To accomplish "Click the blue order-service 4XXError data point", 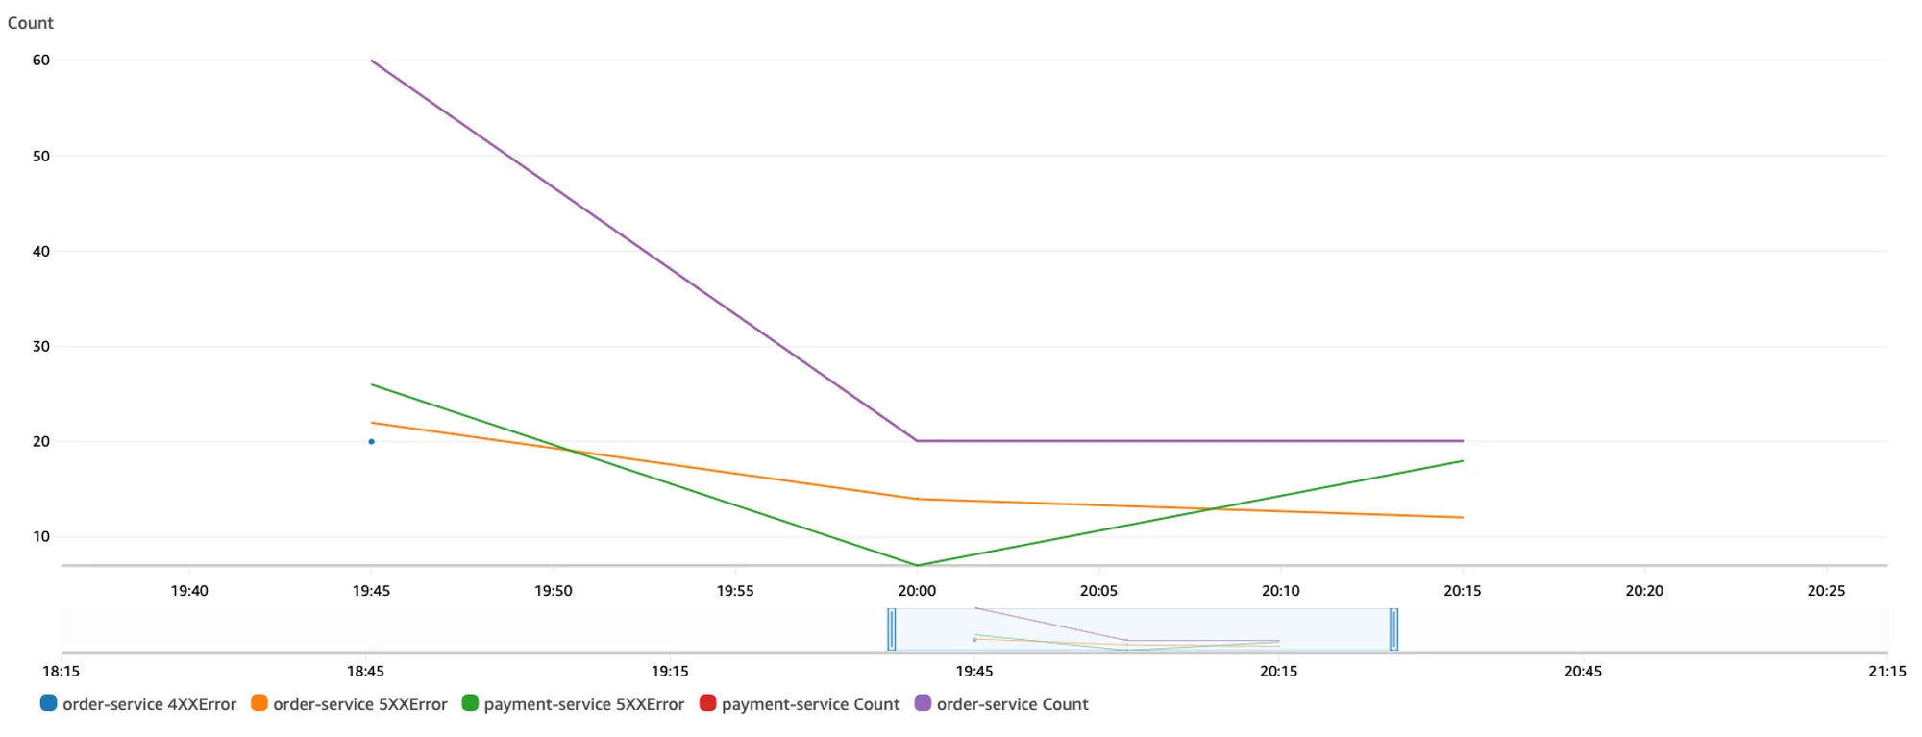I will pos(371,442).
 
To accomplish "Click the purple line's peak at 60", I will pos(372,61).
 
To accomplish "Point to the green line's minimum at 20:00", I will pos(917,565).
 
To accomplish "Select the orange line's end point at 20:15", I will pos(1462,518).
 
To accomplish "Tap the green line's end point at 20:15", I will pos(1462,461).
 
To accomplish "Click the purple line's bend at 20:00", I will pos(917,441).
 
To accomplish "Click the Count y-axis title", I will pos(31,23).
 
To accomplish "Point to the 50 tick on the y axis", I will pos(41,156).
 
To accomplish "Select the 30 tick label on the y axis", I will pos(41,346).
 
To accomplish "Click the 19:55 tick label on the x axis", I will pos(735,591).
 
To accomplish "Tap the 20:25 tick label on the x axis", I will pos(1826,591).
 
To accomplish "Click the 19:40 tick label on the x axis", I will pos(189,591).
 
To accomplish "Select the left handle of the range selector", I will pos(892,630).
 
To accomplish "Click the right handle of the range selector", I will pos(1393,630).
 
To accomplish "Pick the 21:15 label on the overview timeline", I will pos(1886,671).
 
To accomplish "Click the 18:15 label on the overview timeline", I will pos(62,671).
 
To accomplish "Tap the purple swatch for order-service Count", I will pos(923,703).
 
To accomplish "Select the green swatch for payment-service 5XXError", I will pos(470,703).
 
